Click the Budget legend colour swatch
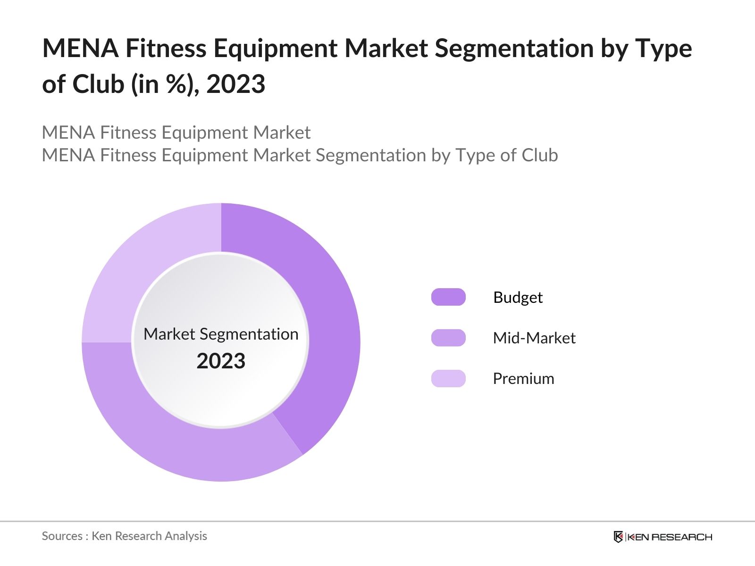pos(448,297)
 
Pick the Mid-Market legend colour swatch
pos(448,338)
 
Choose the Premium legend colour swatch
pos(448,378)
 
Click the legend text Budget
pos(518,297)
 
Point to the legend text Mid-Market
pos(534,338)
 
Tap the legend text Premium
pos(523,378)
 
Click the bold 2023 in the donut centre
pos(221,361)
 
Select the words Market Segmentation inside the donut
pos(221,334)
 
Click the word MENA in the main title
pos(80,48)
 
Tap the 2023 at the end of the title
pos(235,84)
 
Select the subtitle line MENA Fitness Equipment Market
pos(176,133)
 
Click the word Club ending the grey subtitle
pos(539,155)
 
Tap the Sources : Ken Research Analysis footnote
pos(124,536)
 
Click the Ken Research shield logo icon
pos(618,537)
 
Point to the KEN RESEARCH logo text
pos(669,537)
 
